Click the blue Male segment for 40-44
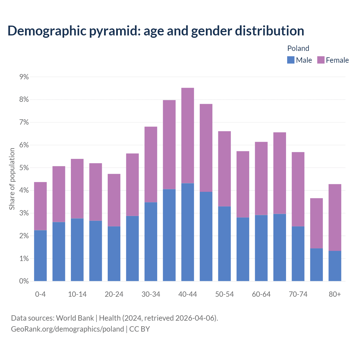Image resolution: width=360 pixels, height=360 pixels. coord(188,232)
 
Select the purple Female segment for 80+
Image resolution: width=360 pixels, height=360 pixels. coord(335,217)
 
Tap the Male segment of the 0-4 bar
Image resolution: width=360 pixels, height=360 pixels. coord(40,255)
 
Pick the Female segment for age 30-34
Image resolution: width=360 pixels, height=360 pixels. coord(151,165)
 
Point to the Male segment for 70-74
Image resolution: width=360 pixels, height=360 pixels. coord(298,253)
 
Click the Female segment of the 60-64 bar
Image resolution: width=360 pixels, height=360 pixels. coord(261,178)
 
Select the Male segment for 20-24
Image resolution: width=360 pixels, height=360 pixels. coord(114,253)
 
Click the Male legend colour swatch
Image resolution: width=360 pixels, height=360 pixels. coord(291,60)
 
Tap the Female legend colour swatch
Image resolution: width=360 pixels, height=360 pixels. coord(321,60)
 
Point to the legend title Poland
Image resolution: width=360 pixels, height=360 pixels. coord(298,48)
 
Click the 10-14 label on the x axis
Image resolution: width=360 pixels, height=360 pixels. coord(77,294)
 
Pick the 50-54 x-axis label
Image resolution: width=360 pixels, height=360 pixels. coord(224,294)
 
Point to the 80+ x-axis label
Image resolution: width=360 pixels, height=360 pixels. coord(335,294)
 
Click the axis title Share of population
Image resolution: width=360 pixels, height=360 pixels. coord(12,179)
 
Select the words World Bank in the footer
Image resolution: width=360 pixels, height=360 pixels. coord(75,318)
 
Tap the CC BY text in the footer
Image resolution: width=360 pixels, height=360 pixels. coord(139,329)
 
